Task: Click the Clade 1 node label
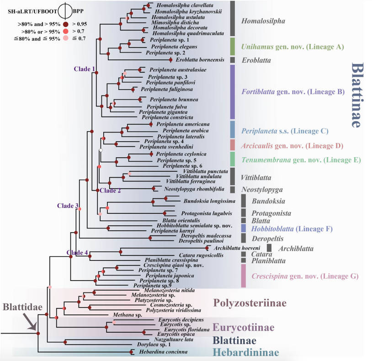point(85,69)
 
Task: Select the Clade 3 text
point(68,206)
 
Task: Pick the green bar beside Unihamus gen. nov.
point(232,47)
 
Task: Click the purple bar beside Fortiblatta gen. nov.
point(232,92)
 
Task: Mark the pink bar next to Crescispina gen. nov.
point(243,276)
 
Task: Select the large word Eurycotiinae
point(244,328)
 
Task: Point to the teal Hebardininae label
point(246,352)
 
